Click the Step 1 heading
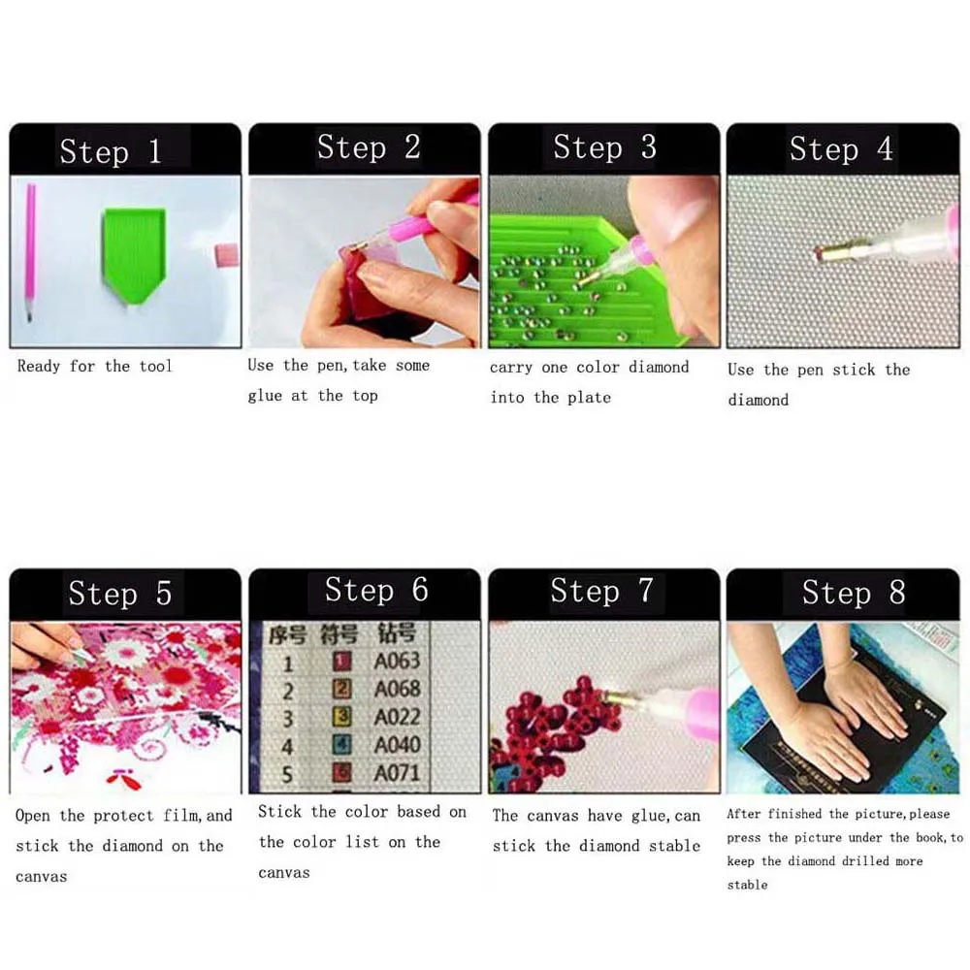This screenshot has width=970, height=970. (x=110, y=151)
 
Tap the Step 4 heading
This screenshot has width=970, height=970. (x=840, y=149)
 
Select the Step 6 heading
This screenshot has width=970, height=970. (x=375, y=590)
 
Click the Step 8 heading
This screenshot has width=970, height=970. (x=853, y=592)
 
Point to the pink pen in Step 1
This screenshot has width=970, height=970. (x=31, y=252)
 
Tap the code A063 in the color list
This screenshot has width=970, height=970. (x=397, y=662)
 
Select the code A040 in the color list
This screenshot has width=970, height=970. (x=397, y=745)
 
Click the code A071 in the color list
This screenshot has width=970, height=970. (x=397, y=773)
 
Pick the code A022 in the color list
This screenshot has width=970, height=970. (x=397, y=718)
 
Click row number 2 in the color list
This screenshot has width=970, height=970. (x=287, y=690)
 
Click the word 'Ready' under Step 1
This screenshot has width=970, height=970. (x=39, y=367)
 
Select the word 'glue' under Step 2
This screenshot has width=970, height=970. (x=265, y=396)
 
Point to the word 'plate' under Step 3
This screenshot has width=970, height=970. (x=589, y=398)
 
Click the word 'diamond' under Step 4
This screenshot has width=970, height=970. (x=758, y=400)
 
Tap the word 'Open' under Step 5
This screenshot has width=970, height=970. (x=32, y=816)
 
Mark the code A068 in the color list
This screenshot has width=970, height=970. (x=397, y=690)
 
